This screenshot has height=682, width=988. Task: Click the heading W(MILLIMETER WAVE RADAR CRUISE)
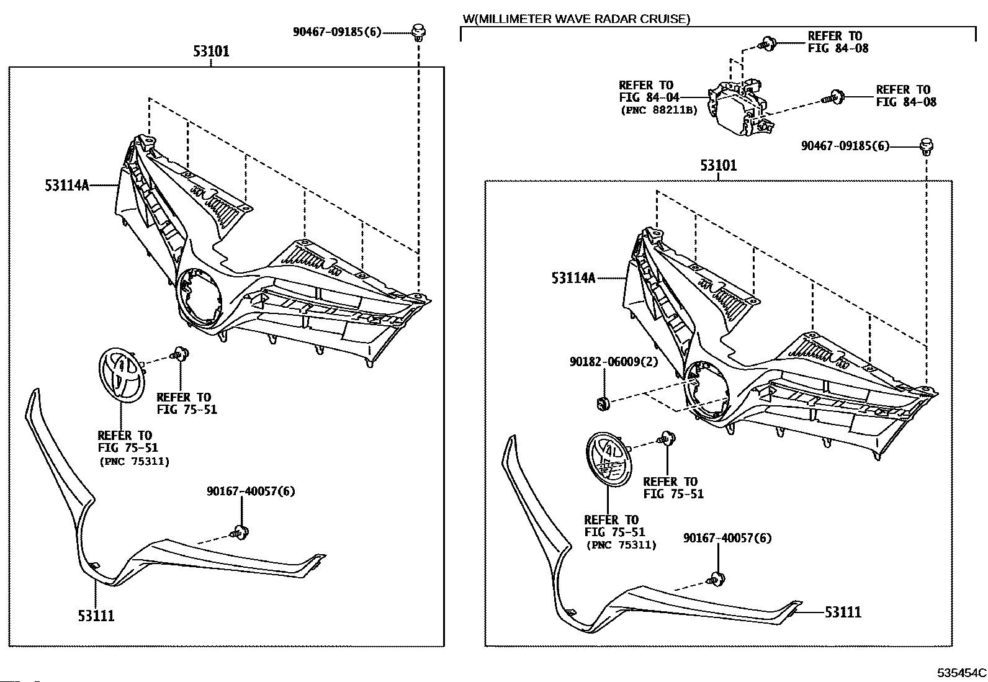pyautogui.click(x=577, y=19)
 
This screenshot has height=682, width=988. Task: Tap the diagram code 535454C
pyautogui.click(x=961, y=672)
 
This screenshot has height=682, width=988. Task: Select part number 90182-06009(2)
pyautogui.click(x=614, y=362)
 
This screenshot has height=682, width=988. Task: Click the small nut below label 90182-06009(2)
pyautogui.click(x=603, y=403)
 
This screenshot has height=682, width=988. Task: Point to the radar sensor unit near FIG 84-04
pyautogui.click(x=741, y=108)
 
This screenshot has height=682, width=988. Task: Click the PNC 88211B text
pyautogui.click(x=659, y=110)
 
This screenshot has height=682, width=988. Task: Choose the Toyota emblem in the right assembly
pyautogui.click(x=609, y=459)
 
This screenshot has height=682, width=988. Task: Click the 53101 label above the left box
pyautogui.click(x=211, y=51)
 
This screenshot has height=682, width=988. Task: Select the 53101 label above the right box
pyautogui.click(x=719, y=166)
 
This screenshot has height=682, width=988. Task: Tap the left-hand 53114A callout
pyautogui.click(x=66, y=186)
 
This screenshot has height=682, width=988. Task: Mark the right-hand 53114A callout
pyautogui.click(x=573, y=278)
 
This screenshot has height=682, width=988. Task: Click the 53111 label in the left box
pyautogui.click(x=96, y=616)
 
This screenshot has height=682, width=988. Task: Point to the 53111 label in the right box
pyautogui.click(x=843, y=612)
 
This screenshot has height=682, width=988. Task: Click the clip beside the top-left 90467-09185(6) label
pyautogui.click(x=418, y=33)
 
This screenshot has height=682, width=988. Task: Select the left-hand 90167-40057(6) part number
pyautogui.click(x=251, y=491)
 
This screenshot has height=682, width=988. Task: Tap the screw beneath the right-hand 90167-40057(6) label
pyautogui.click(x=716, y=579)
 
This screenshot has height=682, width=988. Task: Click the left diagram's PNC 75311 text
pyautogui.click(x=134, y=462)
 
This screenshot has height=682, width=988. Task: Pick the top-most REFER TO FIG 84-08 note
pyautogui.click(x=838, y=42)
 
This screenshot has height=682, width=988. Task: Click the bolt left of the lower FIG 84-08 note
pyautogui.click(x=833, y=97)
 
